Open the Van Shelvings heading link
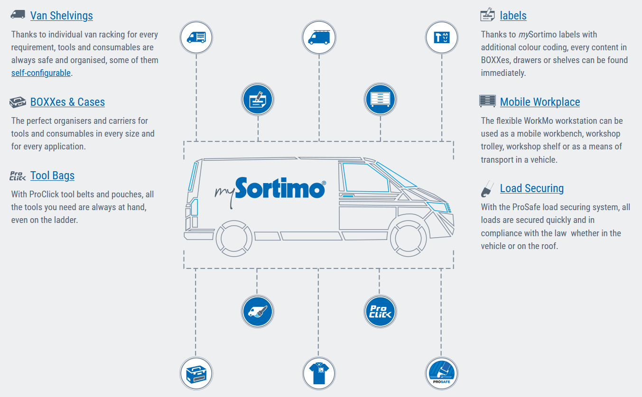[x=61, y=16]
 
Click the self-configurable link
[x=41, y=73]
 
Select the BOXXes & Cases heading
[x=67, y=102]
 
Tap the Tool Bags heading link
[x=52, y=175]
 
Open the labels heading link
[x=513, y=16]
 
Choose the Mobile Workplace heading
[x=540, y=102]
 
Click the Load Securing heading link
[x=531, y=188]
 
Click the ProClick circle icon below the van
[x=380, y=311]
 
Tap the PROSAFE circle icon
[x=441, y=373]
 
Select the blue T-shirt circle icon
[x=319, y=373]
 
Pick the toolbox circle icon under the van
[x=196, y=373]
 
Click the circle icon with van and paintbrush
[x=257, y=311]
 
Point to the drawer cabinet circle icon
[x=380, y=100]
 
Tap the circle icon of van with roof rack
[x=319, y=37]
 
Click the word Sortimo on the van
[x=280, y=188]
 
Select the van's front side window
[x=365, y=177]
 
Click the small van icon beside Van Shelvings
[x=18, y=14]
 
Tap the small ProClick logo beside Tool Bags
[x=18, y=176]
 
